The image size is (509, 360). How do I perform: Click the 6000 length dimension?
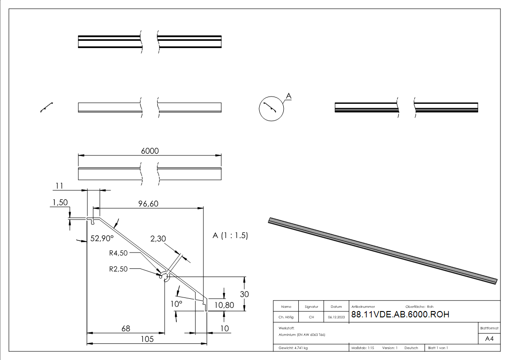(150, 151)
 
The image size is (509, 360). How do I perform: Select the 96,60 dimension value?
(148, 204)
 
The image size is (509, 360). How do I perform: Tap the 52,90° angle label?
(102, 238)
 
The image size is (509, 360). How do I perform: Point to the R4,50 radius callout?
(118, 253)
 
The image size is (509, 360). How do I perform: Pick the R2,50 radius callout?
(119, 268)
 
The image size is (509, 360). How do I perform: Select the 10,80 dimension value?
(224, 305)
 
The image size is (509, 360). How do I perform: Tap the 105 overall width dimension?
(147, 339)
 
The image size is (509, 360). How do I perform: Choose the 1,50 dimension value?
(60, 203)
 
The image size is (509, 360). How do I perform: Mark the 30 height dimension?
(244, 294)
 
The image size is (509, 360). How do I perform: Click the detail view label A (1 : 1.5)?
(230, 236)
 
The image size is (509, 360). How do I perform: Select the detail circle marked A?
(271, 109)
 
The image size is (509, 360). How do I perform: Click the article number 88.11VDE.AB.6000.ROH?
(400, 315)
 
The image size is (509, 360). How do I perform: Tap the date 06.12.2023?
(336, 317)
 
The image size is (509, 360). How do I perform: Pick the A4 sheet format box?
(490, 339)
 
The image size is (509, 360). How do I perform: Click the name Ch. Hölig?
(286, 317)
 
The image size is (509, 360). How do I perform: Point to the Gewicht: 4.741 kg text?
(293, 348)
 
